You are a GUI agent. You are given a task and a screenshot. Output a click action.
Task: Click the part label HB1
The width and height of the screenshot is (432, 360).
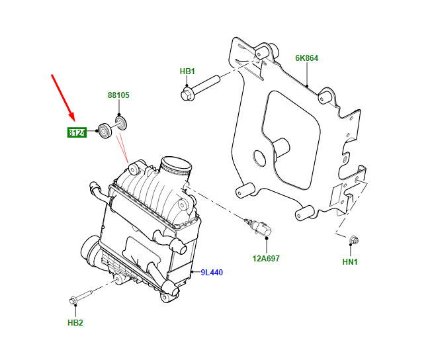click(x=187, y=71)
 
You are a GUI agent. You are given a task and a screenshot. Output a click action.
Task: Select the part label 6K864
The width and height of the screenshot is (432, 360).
click(x=307, y=58)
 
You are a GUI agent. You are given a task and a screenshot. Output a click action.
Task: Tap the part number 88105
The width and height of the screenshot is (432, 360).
click(x=118, y=95)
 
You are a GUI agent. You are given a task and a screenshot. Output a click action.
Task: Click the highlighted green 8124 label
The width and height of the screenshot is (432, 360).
click(x=77, y=133)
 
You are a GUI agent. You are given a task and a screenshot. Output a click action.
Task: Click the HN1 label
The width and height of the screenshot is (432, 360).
click(x=350, y=262)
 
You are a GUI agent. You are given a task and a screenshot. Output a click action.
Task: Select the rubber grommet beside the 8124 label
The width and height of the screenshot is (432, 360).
click(x=104, y=130)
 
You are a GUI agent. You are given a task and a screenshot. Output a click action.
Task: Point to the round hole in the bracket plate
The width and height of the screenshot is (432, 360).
click(x=258, y=157)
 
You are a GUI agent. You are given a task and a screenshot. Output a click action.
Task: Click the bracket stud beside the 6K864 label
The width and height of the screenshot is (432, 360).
click(x=325, y=97)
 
